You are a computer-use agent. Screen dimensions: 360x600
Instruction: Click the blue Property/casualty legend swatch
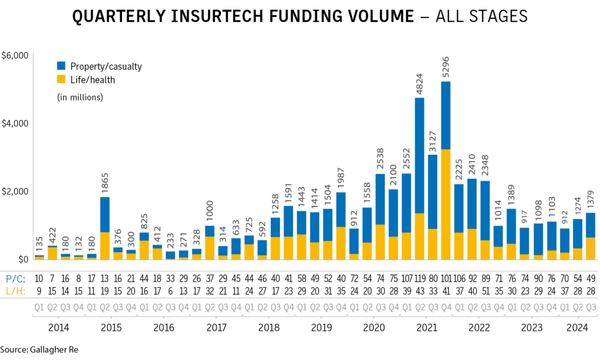(62, 66)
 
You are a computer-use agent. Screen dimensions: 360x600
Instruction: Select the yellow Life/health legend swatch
(62, 79)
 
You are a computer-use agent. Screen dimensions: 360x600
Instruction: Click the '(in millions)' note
(80, 97)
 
